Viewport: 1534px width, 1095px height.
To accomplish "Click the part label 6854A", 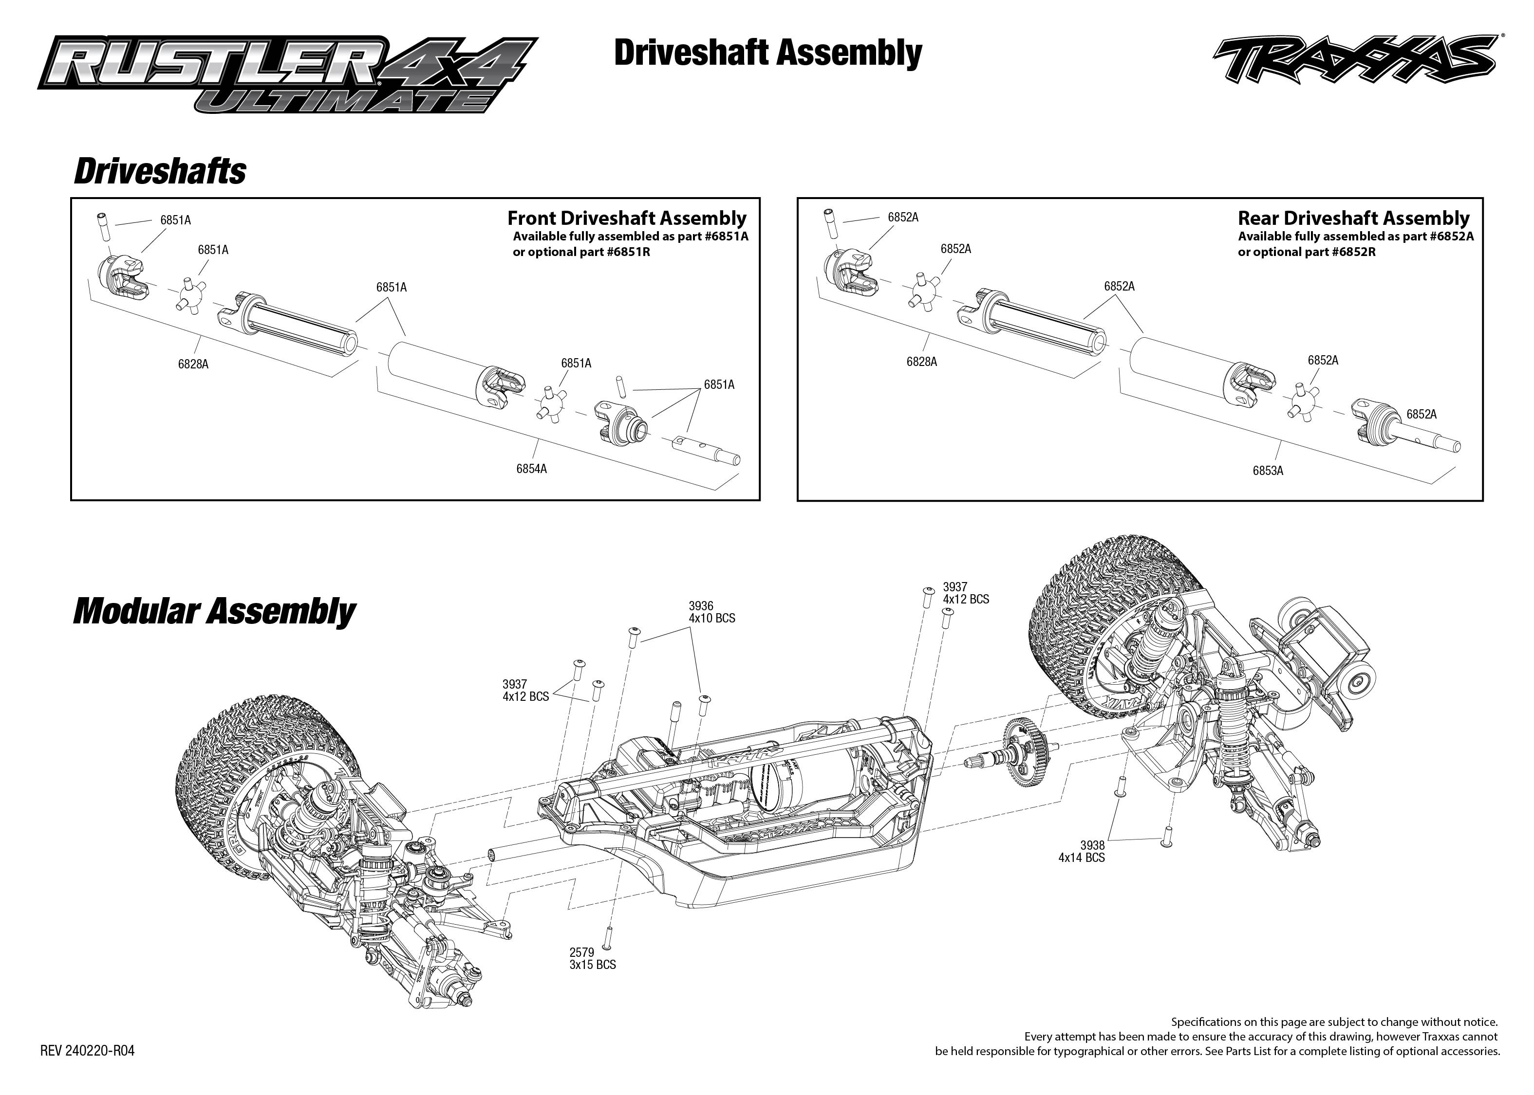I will point(532,469).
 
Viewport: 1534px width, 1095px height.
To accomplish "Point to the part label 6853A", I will point(1268,471).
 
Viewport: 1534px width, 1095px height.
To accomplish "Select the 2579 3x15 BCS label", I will point(592,958).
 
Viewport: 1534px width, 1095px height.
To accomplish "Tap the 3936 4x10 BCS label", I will point(711,612).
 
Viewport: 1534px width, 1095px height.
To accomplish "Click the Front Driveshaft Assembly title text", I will point(627,219).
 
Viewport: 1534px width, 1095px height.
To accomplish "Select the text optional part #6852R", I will point(1306,252).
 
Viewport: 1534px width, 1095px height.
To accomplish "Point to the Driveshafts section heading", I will point(160,171).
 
